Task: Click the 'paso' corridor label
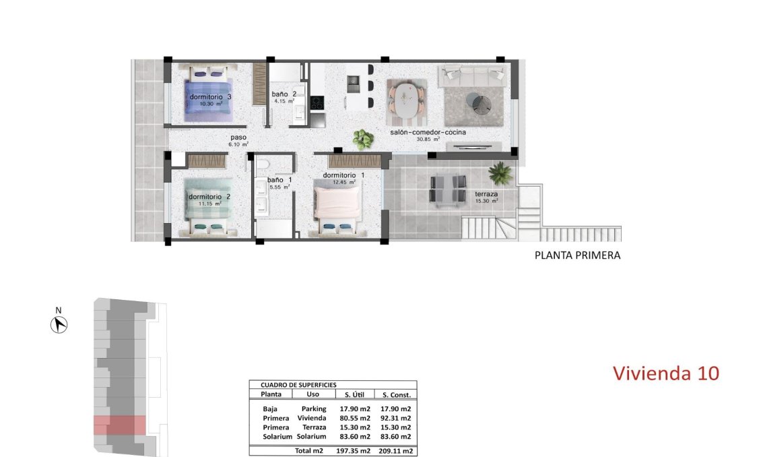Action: tap(238, 138)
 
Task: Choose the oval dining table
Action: tap(407, 98)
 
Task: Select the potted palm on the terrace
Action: tap(500, 173)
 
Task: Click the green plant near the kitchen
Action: tap(364, 139)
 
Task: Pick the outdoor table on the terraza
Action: tap(448, 187)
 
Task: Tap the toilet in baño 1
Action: tap(263, 166)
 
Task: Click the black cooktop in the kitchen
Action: tap(317, 103)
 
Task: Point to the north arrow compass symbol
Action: tap(59, 325)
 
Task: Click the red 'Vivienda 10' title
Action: tap(665, 373)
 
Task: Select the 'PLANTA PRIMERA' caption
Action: tap(576, 255)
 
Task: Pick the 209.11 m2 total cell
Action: tap(397, 451)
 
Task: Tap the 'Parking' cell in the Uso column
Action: tap(314, 408)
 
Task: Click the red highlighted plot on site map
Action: tap(119, 425)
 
